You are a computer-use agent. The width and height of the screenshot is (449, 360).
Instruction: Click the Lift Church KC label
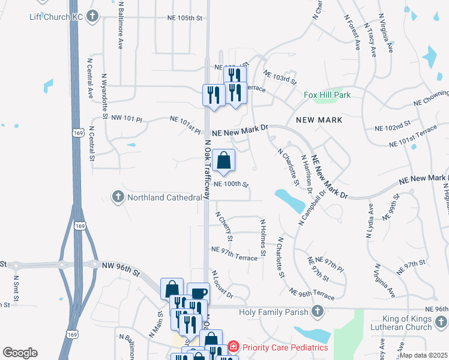(56, 16)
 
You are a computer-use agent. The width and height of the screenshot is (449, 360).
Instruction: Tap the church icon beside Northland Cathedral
(118, 197)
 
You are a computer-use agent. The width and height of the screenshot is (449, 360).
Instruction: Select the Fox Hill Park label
(327, 95)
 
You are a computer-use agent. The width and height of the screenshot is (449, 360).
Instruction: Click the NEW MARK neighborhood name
(319, 120)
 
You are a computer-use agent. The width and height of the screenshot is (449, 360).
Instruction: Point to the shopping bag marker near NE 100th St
(223, 161)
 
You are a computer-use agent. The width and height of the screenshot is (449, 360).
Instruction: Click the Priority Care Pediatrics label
(285, 347)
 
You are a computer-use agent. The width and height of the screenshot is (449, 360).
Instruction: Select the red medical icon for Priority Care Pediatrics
(232, 347)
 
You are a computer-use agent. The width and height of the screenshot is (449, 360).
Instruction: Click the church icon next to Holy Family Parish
(318, 311)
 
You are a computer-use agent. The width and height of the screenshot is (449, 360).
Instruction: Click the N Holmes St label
(262, 239)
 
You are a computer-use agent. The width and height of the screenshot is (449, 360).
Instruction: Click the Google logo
(20, 353)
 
